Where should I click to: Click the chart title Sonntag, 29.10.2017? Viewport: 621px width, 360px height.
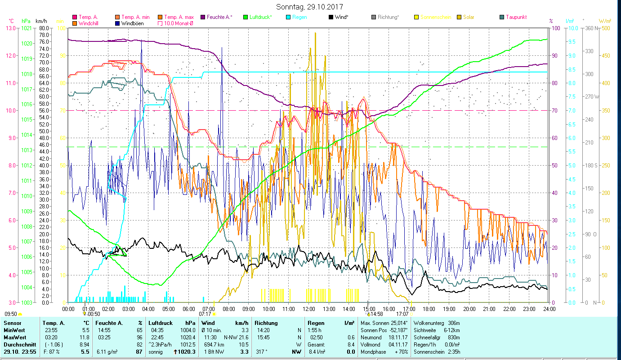[310, 7]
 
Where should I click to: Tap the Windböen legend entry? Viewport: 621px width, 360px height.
[133, 23]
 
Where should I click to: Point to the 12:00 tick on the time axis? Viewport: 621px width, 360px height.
[308, 309]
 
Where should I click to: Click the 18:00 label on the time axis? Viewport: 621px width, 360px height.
[429, 309]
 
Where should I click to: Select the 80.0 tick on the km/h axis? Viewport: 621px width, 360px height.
[44, 28]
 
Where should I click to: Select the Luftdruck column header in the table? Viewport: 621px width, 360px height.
[161, 323]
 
